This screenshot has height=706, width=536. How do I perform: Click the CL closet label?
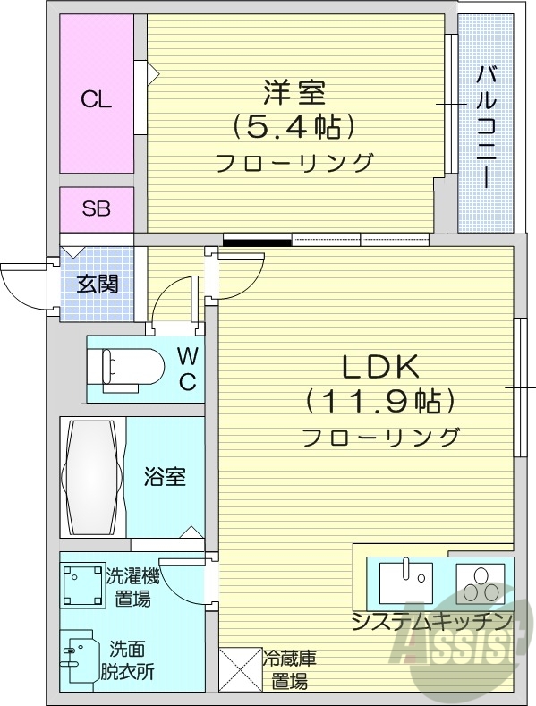point(96,99)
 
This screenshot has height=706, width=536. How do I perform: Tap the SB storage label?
point(96,209)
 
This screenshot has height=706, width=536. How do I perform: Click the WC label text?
point(186,370)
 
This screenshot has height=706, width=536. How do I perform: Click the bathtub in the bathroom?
point(92,477)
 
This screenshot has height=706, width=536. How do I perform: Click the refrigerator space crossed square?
point(239,668)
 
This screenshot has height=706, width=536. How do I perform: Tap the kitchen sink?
point(405,582)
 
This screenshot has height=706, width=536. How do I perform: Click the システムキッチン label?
point(431,621)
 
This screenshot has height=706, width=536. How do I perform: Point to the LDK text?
point(379,366)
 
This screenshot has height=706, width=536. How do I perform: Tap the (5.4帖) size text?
point(292,127)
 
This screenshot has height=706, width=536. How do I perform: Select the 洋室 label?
point(293,92)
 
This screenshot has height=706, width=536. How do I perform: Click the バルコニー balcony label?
point(487,125)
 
